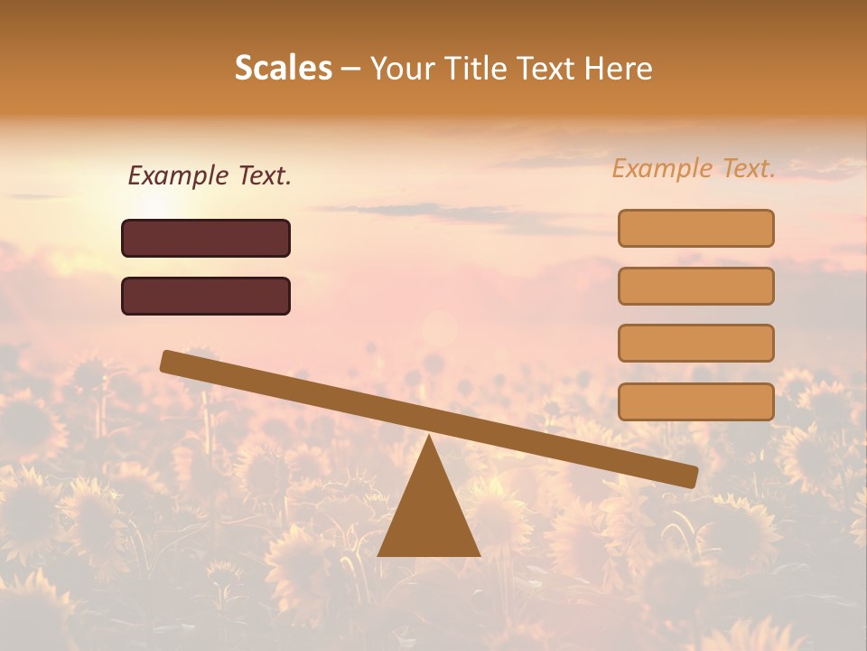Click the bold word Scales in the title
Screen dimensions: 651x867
[x=284, y=68]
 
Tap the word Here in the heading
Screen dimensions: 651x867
[x=620, y=68]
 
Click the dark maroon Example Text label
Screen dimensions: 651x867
[x=210, y=175]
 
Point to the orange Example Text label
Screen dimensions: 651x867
[x=694, y=168]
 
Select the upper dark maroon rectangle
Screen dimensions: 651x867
[x=206, y=238]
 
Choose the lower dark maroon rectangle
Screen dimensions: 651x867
[x=206, y=296]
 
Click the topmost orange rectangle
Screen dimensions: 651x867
[x=695, y=228]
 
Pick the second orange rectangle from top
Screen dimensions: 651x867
[x=695, y=286]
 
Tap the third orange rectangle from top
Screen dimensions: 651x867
[x=695, y=344]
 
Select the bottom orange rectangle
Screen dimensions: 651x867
[x=695, y=401]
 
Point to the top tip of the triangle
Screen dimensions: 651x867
[x=429, y=437]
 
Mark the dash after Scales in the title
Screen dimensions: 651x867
[x=351, y=69]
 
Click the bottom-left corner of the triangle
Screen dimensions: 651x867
[x=379, y=554]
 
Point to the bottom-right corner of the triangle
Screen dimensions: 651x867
[x=479, y=554]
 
